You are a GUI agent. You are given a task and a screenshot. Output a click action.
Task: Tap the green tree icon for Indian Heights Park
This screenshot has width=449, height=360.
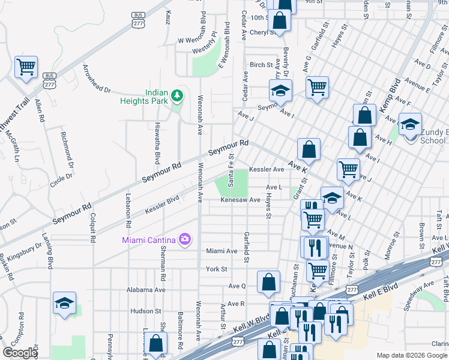click(x=177, y=95)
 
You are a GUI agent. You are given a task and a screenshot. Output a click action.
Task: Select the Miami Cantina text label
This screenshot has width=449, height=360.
click(x=148, y=240)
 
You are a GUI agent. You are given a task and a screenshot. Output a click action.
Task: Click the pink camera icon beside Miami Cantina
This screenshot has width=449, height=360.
click(x=184, y=240)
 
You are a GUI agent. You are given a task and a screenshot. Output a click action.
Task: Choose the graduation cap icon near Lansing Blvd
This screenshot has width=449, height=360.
click(x=64, y=302)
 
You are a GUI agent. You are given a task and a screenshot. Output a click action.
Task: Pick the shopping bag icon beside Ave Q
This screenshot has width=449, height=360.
click(x=269, y=281)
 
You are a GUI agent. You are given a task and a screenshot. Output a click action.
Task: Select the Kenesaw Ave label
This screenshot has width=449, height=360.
click(x=240, y=200)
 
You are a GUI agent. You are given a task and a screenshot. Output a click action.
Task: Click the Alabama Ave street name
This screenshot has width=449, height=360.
click(x=146, y=289)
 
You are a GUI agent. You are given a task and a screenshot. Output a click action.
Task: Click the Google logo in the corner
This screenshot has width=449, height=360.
click(x=20, y=353)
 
